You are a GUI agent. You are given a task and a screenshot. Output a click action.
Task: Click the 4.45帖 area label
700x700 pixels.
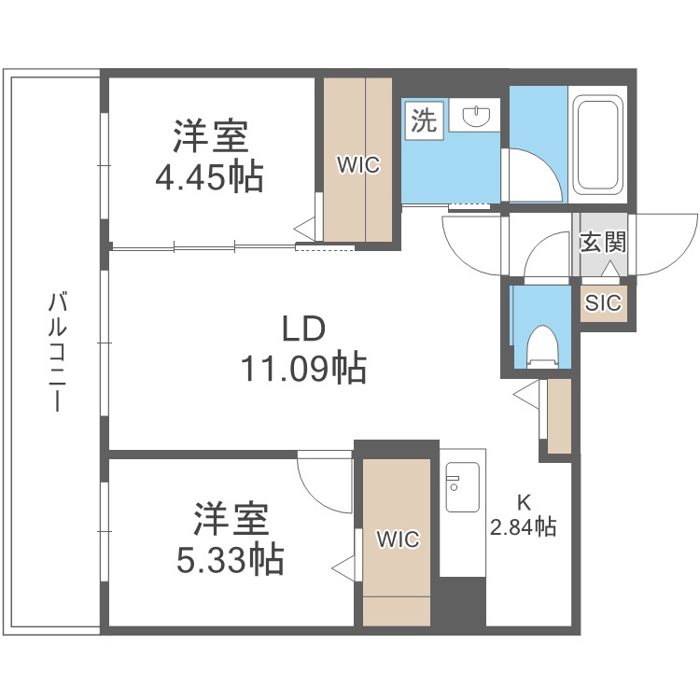click(209, 176)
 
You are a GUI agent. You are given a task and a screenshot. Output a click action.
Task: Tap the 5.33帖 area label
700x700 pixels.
click(231, 559)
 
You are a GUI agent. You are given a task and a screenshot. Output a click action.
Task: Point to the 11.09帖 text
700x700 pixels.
click(303, 370)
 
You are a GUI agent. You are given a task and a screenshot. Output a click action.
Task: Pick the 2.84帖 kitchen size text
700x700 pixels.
click(523, 527)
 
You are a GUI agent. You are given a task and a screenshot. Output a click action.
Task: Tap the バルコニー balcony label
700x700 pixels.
click(56, 353)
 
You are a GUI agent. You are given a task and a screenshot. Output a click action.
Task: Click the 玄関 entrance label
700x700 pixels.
click(602, 243)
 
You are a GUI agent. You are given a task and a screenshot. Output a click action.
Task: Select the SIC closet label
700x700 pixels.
click(602, 302)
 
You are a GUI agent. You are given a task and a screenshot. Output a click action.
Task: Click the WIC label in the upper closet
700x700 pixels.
click(358, 165)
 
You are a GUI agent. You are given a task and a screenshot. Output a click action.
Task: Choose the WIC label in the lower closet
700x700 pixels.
click(398, 539)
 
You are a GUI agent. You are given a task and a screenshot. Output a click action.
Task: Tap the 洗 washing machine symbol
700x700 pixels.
click(424, 122)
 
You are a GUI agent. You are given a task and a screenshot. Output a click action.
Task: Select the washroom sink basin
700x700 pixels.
click(477, 117)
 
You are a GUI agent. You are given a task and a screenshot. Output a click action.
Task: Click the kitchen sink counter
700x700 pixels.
click(463, 513)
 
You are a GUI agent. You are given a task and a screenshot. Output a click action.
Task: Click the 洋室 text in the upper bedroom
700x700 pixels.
click(209, 137)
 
